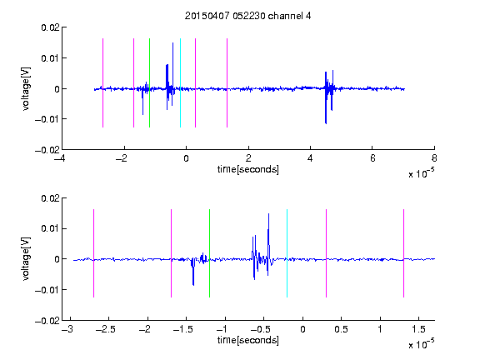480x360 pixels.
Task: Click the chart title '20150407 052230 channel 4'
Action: [x=247, y=16]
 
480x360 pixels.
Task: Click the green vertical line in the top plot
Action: [x=149, y=82]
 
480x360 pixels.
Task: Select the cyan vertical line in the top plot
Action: [x=180, y=82]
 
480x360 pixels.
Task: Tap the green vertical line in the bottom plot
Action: [x=209, y=253]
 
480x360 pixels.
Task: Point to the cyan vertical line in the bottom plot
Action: [x=287, y=253]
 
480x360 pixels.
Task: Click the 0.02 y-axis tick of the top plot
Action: [x=50, y=27]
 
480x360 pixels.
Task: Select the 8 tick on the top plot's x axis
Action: [x=434, y=158]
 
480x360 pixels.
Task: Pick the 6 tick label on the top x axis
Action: [x=372, y=158]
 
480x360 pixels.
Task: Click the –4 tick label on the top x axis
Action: [x=60, y=158]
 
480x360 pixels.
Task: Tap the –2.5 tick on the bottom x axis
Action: [x=105, y=329]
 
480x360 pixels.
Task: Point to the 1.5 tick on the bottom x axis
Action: [x=418, y=329]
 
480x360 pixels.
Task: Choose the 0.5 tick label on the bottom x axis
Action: [x=341, y=329]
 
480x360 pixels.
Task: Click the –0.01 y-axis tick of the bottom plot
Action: [x=47, y=290]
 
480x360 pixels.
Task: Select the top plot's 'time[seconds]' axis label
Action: [x=248, y=169]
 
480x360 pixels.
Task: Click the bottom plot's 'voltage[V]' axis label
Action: [x=26, y=258]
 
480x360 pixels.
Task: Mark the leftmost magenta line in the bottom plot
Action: [x=93, y=253]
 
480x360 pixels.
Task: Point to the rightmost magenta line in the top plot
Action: [x=227, y=82]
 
